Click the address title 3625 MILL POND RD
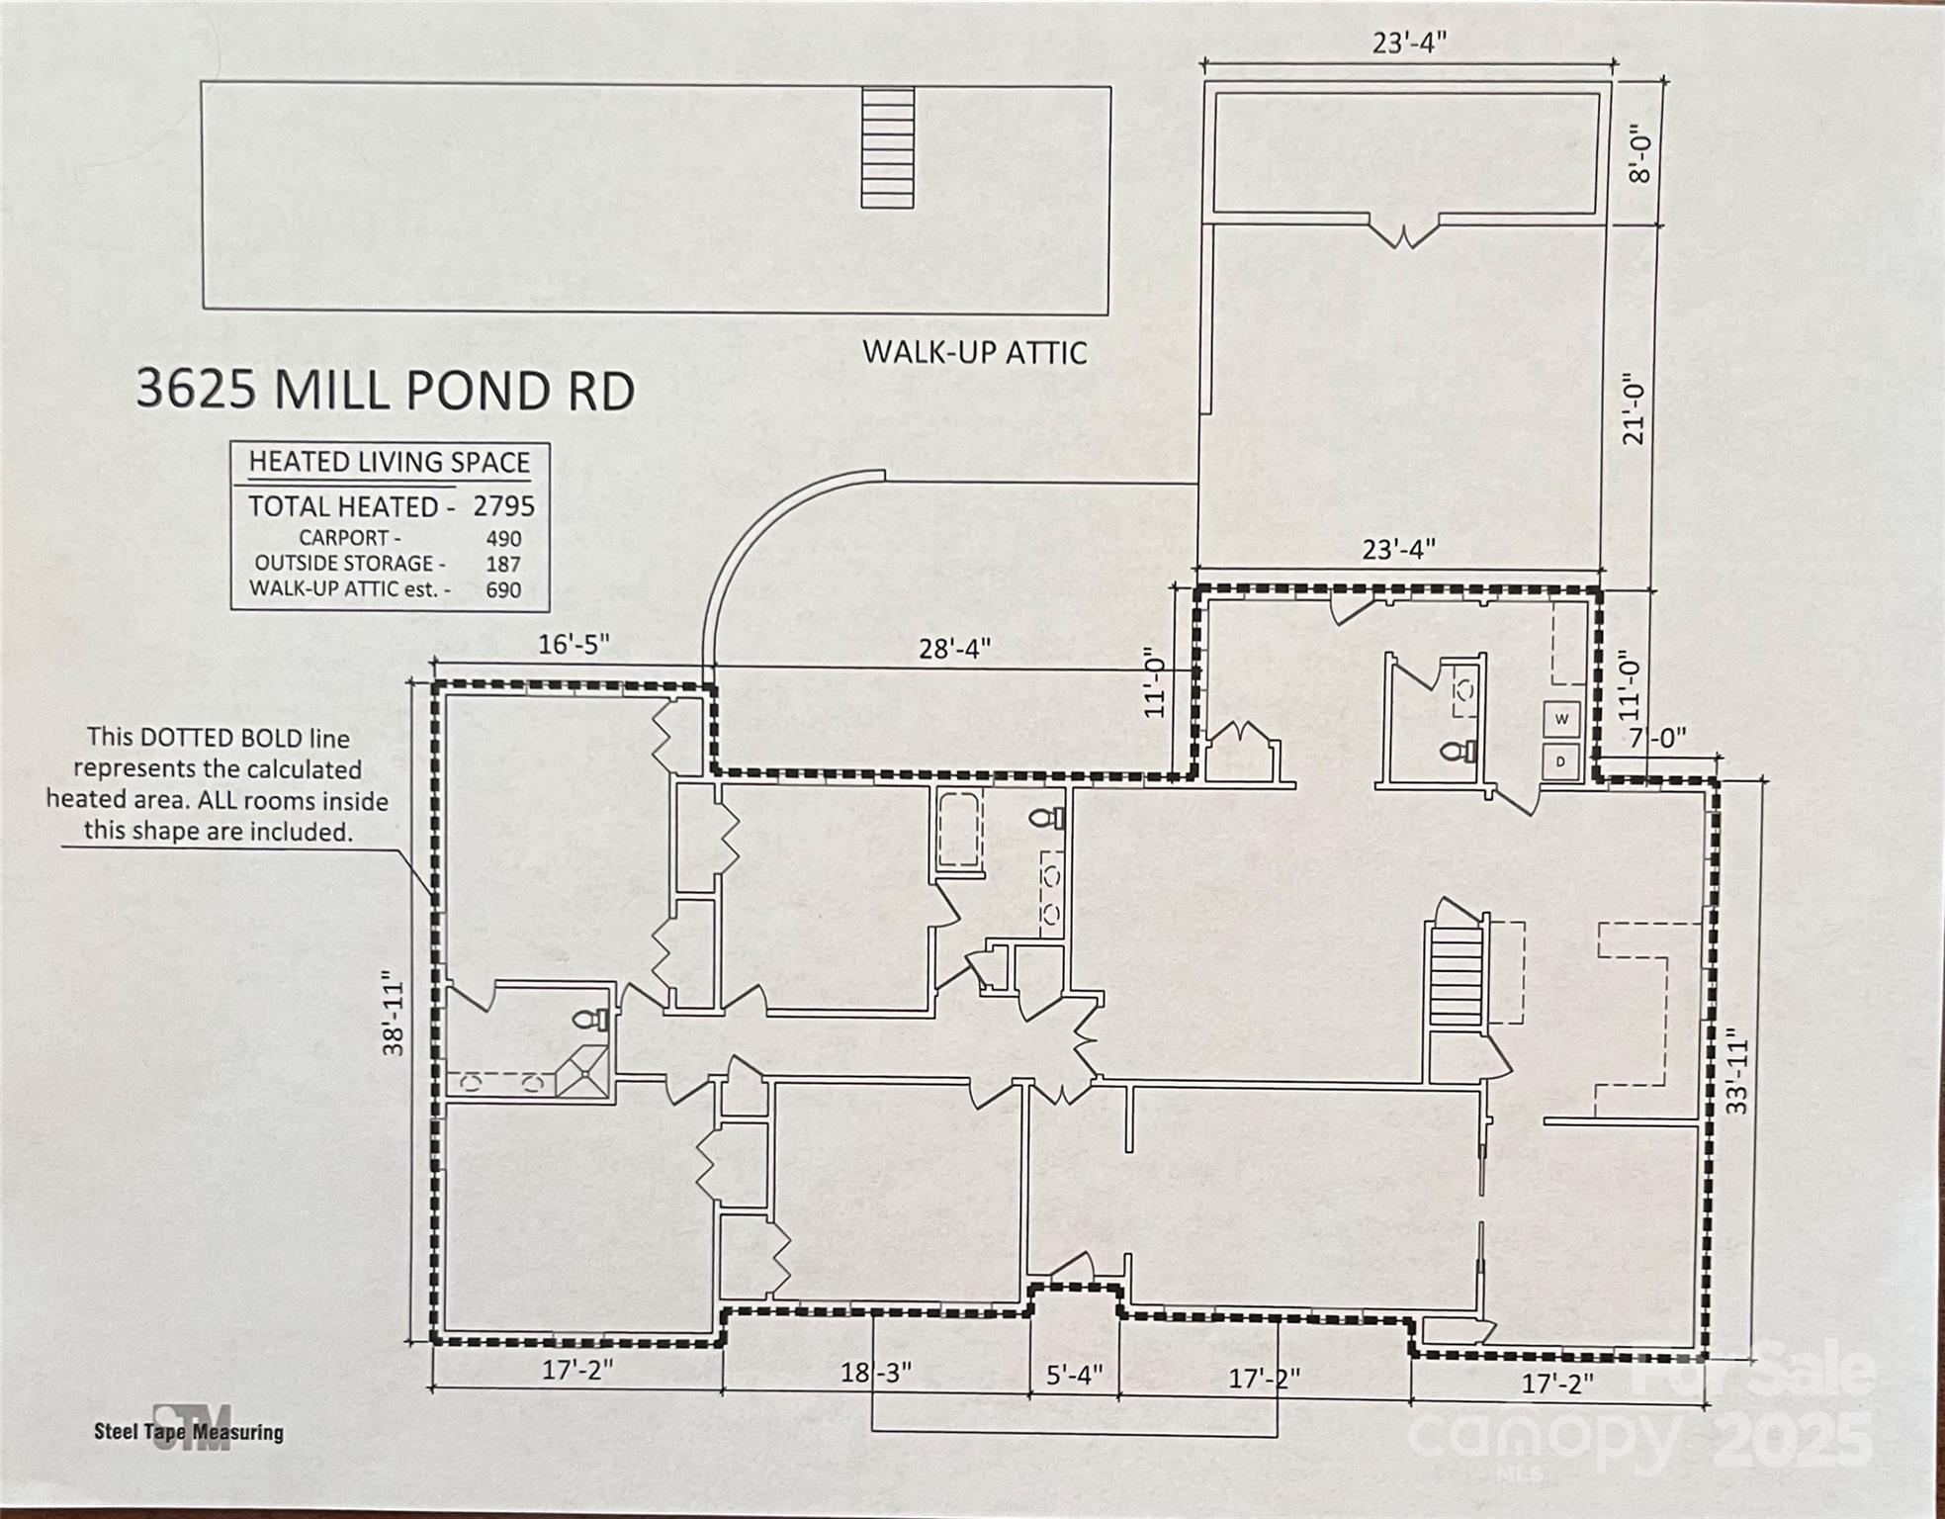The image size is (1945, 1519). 385,390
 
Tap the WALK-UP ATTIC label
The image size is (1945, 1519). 975,353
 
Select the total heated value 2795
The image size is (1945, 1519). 503,506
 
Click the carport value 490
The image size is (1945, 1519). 503,539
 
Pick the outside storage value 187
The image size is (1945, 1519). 503,564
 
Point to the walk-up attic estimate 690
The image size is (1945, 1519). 503,590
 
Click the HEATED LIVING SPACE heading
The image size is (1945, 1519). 390,462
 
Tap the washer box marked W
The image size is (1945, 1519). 1562,719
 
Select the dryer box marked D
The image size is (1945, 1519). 1562,762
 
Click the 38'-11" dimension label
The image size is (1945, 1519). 395,1018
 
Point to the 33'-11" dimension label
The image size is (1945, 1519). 1737,1075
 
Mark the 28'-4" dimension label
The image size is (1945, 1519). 954,649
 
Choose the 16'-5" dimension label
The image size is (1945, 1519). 574,645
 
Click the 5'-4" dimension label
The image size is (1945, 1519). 1074,1376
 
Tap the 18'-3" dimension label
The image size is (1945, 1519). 876,1373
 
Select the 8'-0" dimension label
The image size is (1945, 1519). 1640,152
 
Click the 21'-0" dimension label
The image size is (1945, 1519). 1634,407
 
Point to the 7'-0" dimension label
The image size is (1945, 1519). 1657,738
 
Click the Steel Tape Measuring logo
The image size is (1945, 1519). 190,1429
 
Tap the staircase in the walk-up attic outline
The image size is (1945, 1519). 887,147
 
